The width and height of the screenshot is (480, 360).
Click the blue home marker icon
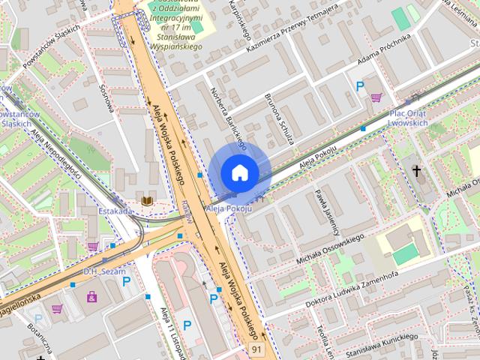[x=239, y=172]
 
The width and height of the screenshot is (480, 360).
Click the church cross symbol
[x=417, y=171]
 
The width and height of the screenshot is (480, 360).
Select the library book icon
[x=147, y=200]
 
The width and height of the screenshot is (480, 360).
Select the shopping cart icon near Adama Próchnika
[x=376, y=96]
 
